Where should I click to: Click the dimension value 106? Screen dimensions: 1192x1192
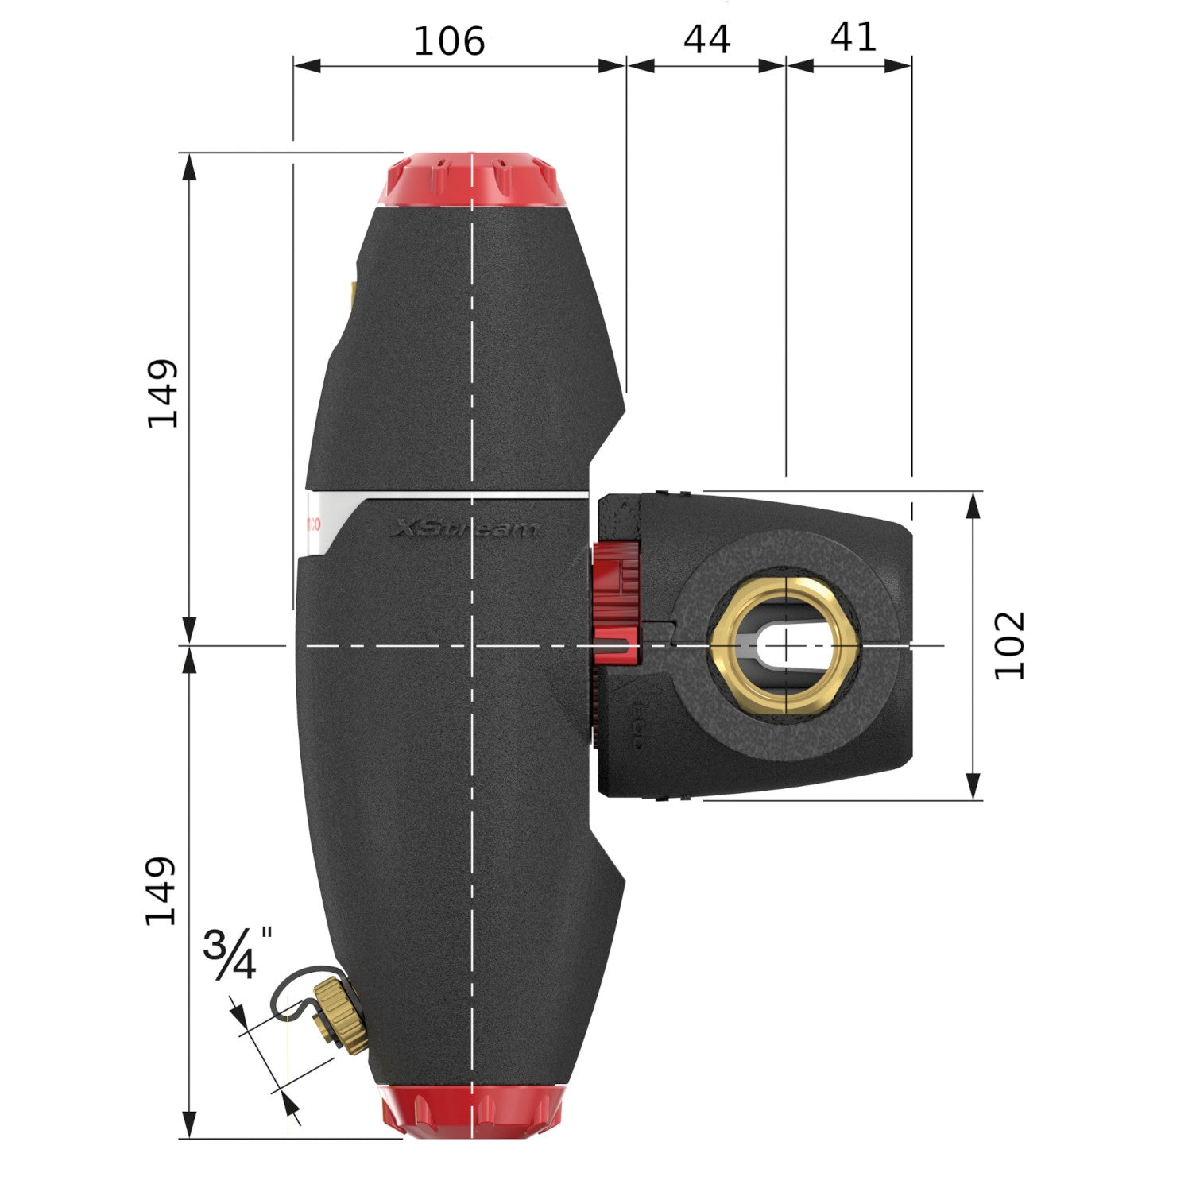[x=449, y=41]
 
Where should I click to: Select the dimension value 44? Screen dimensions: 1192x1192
[x=706, y=39]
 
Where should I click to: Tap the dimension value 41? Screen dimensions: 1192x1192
[x=853, y=37]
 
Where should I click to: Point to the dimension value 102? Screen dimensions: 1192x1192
[x=1010, y=645]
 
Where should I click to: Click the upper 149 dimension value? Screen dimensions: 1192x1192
[x=163, y=394]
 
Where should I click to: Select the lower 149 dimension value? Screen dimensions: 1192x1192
[x=161, y=891]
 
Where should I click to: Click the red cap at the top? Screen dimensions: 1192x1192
[x=472, y=179]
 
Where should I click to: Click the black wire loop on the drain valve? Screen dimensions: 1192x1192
[x=294, y=989]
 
